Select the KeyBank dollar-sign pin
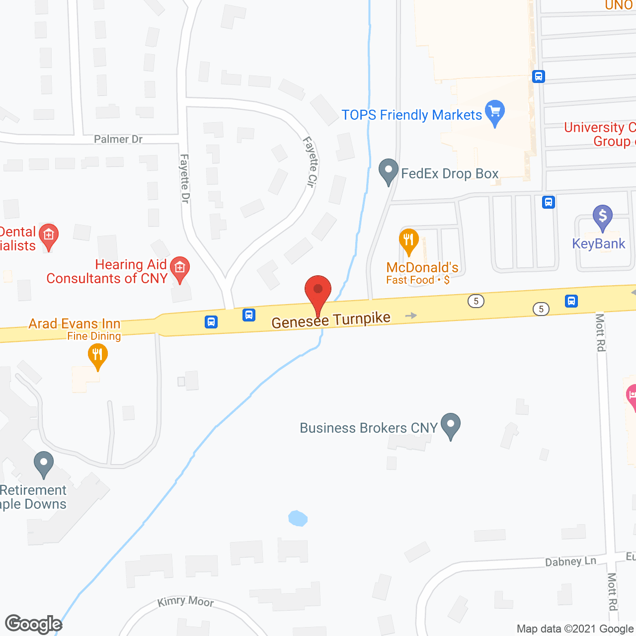tap(602, 217)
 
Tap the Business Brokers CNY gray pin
tap(451, 425)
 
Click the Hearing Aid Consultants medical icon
tap(179, 268)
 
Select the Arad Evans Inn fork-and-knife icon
tap(97, 355)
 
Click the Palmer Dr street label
tap(118, 139)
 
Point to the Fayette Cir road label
tap(310, 161)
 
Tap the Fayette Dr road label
tap(184, 178)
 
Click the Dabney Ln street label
tap(570, 561)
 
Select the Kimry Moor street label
tap(185, 602)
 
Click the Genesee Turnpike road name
tap(331, 320)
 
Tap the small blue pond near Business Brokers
tap(298, 518)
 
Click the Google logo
tap(33, 624)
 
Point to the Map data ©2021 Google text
tap(575, 629)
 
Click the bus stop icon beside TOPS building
tap(539, 77)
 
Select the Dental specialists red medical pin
tap(49, 236)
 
